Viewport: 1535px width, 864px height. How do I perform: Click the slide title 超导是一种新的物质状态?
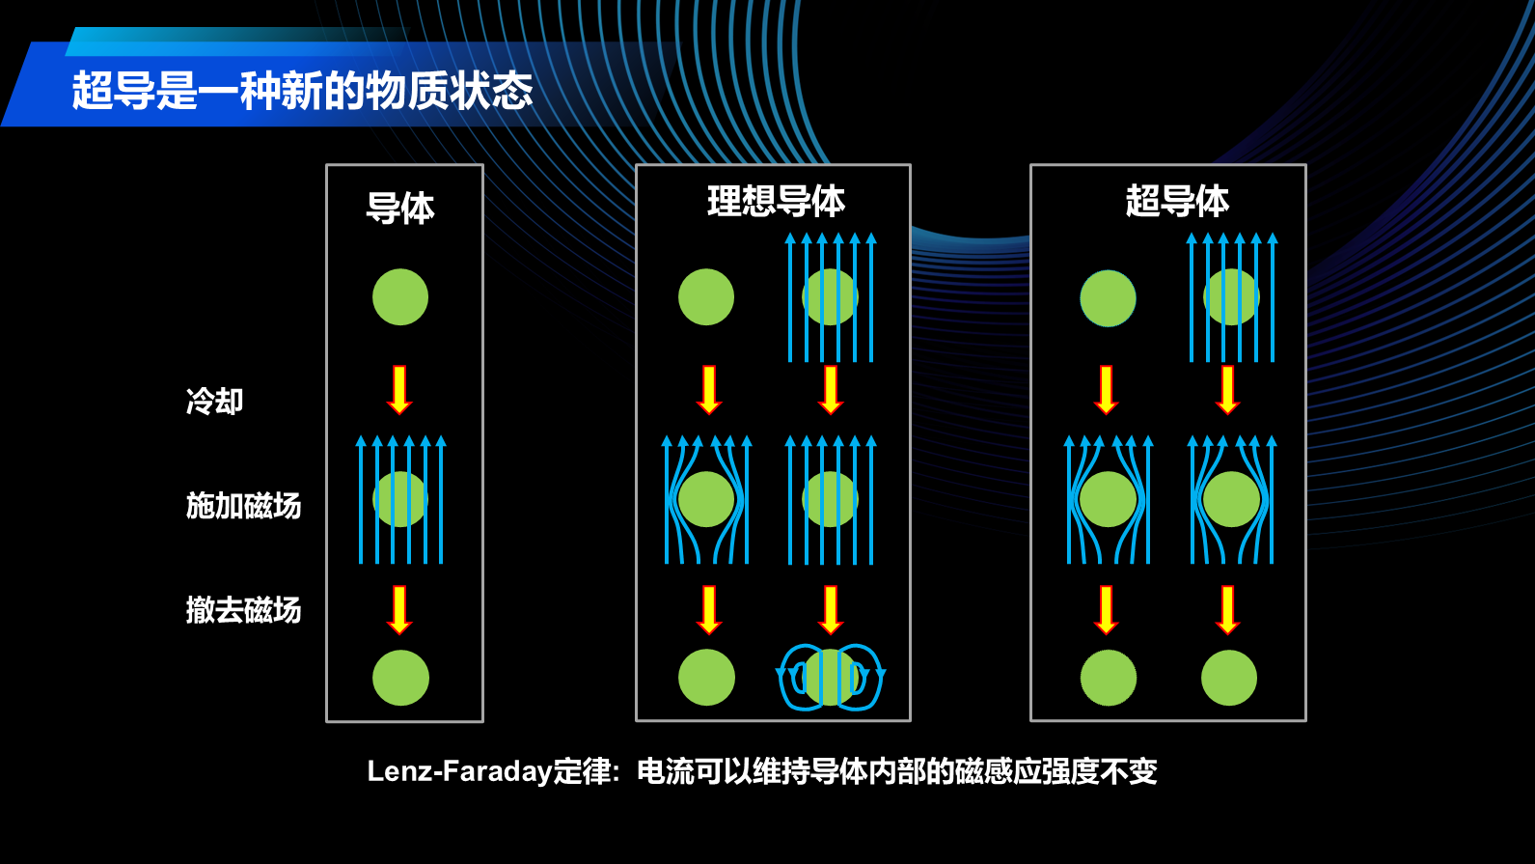(302, 91)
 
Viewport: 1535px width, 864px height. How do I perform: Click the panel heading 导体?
(400, 208)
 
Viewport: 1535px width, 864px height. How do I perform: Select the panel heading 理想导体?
(776, 201)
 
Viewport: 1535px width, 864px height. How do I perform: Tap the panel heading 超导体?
(1177, 201)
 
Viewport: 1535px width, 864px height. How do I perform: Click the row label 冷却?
(214, 401)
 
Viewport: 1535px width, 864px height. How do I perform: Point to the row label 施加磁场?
(243, 505)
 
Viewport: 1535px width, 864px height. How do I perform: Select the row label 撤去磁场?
(243, 609)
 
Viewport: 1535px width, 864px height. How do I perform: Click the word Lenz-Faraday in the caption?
(459, 771)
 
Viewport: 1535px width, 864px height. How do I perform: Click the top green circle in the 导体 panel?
(400, 297)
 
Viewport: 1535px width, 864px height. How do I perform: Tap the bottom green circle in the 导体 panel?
(400, 678)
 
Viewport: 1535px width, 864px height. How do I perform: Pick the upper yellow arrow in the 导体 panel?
(399, 390)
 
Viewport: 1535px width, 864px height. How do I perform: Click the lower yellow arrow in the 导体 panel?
(399, 609)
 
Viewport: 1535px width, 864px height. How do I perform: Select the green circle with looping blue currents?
(830, 677)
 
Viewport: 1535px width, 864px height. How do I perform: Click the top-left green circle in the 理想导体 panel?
(706, 297)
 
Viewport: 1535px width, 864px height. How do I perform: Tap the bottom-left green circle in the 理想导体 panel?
(706, 678)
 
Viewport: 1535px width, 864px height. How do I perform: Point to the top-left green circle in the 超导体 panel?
(1108, 298)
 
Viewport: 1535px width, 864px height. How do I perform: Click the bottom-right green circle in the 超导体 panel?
(1229, 678)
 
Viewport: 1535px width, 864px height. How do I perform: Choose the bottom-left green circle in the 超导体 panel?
(1109, 678)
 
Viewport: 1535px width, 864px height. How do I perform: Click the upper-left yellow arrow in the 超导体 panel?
(1107, 390)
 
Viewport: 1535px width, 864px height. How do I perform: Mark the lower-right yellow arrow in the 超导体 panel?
(1228, 609)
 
